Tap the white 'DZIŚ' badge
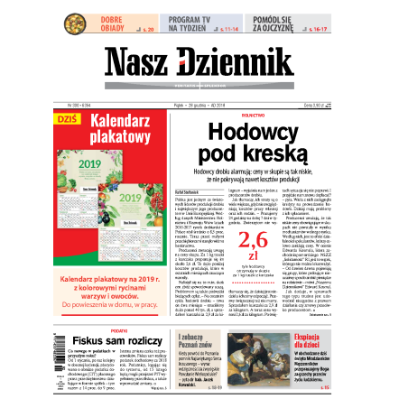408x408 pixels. (70, 118)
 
